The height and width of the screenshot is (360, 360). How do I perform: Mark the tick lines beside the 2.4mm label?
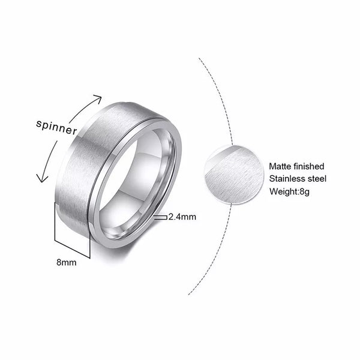[160, 218]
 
